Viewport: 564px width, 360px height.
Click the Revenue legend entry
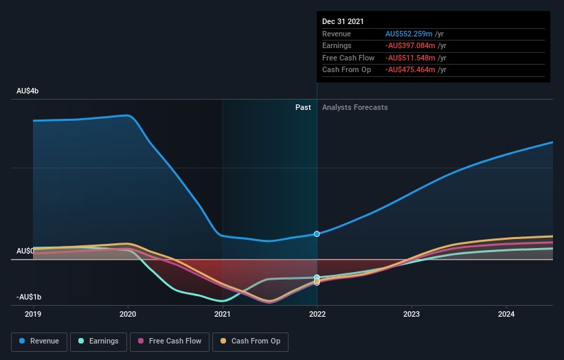(38, 341)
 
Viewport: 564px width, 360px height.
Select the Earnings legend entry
(98, 341)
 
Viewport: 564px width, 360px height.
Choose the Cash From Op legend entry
(251, 341)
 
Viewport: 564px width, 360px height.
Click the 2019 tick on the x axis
(34, 314)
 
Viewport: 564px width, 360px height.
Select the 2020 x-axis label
(128, 314)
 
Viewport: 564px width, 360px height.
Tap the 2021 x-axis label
(223, 314)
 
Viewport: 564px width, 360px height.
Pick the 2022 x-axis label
(317, 314)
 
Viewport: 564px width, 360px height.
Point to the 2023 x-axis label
(411, 314)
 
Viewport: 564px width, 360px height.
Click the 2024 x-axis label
(506, 314)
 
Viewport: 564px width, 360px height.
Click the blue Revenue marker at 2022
(317, 234)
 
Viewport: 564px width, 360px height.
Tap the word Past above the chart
(303, 107)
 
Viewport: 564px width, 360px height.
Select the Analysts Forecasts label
(354, 107)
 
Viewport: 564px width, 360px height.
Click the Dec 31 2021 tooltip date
(343, 21)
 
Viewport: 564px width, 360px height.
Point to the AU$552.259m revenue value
(409, 34)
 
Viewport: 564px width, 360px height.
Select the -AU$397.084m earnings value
(410, 46)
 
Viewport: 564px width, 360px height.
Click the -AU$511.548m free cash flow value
(410, 58)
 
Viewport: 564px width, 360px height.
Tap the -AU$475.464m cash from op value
(410, 70)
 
